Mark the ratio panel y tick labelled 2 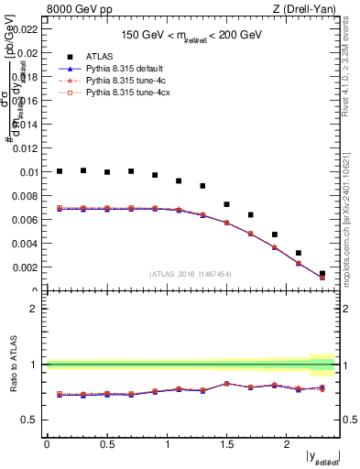[33, 309]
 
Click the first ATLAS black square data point [60, 171]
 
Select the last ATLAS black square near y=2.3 [322, 273]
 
